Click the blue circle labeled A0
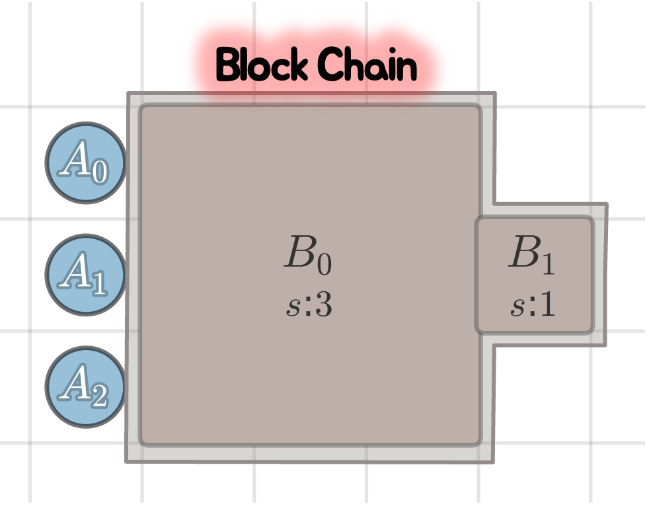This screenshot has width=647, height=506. [x=85, y=163]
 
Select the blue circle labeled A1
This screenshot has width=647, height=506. [x=85, y=275]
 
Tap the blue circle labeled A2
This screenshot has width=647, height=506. [x=85, y=387]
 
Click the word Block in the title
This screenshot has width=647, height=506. [x=261, y=65]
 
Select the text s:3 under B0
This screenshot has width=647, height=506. [x=309, y=306]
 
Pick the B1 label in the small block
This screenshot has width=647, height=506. [x=531, y=254]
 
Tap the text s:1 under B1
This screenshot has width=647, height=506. [x=533, y=305]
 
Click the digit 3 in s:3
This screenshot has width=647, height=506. [x=323, y=305]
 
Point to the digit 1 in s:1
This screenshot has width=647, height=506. [x=548, y=305]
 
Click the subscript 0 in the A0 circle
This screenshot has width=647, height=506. [x=98, y=172]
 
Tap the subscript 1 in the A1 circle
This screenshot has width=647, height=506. [x=98, y=284]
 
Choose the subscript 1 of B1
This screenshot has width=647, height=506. [x=547, y=264]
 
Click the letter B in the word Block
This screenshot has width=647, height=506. [x=227, y=65]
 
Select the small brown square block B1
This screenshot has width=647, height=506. [x=534, y=275]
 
